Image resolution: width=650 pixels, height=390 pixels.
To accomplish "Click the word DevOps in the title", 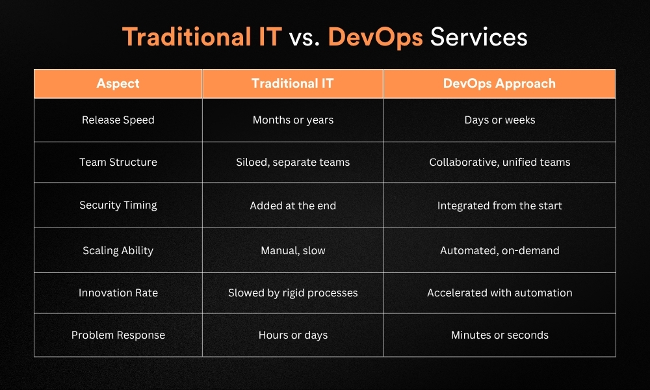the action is tap(375, 37).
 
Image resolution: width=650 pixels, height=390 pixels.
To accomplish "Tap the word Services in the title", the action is tap(479, 37).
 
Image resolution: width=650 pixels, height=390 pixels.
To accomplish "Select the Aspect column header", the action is tap(118, 83).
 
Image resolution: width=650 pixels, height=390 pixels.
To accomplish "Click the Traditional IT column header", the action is tap(292, 83).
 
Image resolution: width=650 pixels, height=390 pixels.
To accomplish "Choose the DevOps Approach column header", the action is tap(499, 84).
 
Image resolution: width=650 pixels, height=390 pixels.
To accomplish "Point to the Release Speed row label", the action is tap(118, 120).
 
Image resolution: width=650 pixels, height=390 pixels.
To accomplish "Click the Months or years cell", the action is tap(293, 120).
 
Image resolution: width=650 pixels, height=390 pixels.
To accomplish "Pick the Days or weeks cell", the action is tap(500, 120).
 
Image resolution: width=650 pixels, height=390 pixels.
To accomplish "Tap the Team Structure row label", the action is tap(118, 162).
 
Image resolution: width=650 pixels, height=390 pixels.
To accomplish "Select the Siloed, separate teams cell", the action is tap(293, 162).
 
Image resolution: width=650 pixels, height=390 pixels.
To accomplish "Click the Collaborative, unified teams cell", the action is tap(500, 162).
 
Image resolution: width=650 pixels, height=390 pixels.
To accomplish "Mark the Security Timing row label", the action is tap(118, 205).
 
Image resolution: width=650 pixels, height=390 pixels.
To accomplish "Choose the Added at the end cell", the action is tap(293, 205).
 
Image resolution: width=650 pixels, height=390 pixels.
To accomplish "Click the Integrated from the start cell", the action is tap(500, 205).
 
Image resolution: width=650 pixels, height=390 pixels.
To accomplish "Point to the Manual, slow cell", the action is tap(293, 251).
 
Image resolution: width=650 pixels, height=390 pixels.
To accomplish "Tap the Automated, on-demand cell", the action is tap(500, 251).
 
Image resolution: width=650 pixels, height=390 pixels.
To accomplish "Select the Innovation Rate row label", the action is tap(118, 293).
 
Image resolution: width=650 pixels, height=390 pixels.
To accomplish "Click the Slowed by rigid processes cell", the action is tap(293, 293).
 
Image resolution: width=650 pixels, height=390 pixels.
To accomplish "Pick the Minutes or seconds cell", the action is tap(500, 335).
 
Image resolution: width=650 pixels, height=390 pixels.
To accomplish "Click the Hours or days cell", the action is tap(293, 335).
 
